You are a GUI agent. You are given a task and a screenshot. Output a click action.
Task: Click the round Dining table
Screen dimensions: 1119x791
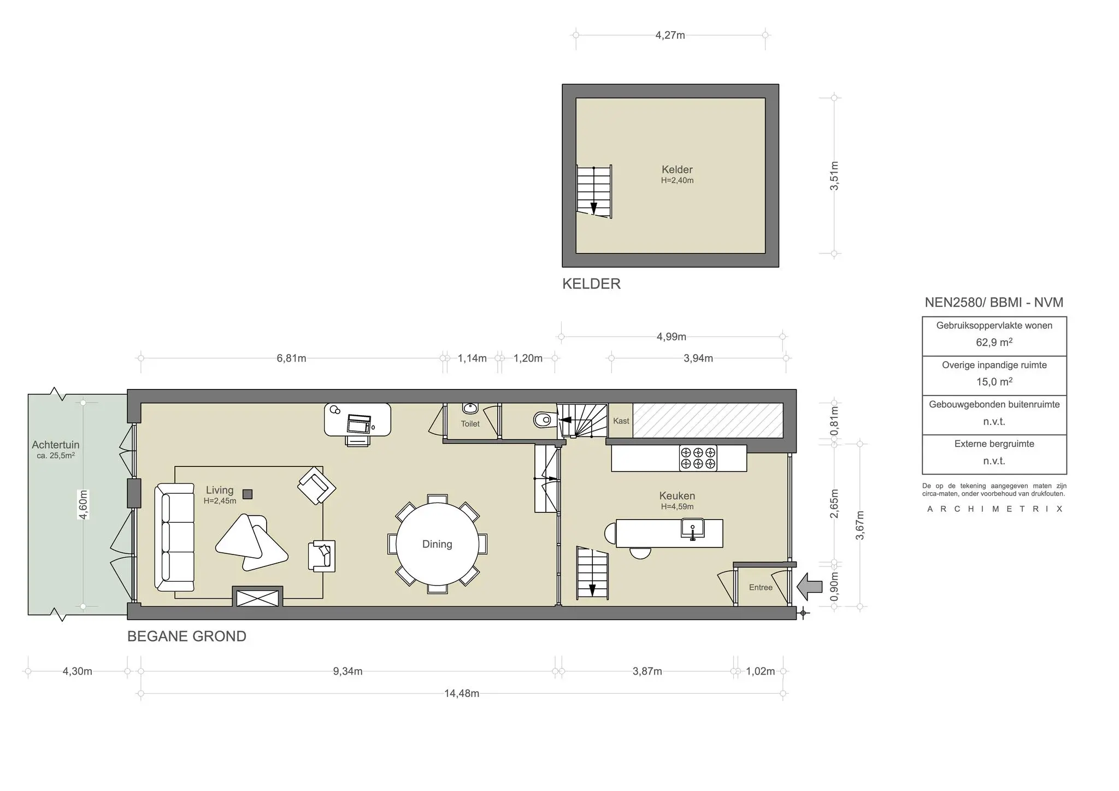tap(437, 544)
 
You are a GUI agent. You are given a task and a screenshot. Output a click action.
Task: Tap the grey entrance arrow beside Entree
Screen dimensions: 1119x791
tap(810, 586)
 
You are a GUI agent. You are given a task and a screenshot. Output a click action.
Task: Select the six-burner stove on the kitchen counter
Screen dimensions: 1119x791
tap(698, 458)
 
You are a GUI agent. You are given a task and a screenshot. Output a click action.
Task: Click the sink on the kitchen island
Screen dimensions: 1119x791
tap(693, 529)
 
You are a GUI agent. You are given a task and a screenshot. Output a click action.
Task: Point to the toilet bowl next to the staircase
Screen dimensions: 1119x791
tap(544, 420)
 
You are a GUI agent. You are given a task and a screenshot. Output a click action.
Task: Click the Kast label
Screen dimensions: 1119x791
tap(621, 421)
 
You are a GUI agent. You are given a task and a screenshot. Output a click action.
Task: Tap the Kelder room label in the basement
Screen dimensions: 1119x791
tap(677, 169)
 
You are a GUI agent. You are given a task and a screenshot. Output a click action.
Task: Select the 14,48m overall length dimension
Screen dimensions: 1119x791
tap(462, 694)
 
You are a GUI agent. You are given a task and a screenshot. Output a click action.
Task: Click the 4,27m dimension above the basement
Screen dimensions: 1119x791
tap(670, 35)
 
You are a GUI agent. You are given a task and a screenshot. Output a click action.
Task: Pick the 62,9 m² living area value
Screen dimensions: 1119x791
tap(994, 343)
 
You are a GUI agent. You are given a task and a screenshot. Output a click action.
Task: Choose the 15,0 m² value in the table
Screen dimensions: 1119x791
tap(994, 382)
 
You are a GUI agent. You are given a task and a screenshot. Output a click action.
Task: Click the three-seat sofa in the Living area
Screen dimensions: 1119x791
tap(175, 538)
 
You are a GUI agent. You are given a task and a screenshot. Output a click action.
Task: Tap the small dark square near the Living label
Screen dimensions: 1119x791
tap(248, 494)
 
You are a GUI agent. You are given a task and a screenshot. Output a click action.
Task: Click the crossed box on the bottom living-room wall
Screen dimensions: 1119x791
tap(257, 598)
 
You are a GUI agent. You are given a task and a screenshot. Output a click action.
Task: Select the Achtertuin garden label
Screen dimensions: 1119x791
tap(56, 445)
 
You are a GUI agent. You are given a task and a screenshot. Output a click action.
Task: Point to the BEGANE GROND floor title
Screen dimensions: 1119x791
tap(187, 636)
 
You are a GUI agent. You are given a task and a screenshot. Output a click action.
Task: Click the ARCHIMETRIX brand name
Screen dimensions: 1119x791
tap(994, 509)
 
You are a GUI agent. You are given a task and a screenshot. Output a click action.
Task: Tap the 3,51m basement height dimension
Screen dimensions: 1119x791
tap(834, 176)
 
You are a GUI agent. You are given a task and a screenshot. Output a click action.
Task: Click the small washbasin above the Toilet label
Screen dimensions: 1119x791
tap(470, 408)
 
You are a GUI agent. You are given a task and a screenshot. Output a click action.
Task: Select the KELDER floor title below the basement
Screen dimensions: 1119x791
tap(591, 284)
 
